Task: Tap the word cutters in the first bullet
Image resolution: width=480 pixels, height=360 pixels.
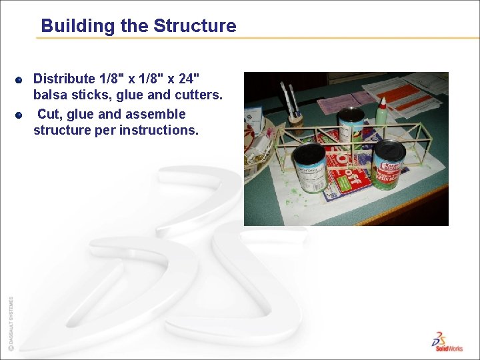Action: pyautogui.click(x=198, y=95)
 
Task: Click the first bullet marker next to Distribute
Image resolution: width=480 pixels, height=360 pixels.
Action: pyautogui.click(x=20, y=80)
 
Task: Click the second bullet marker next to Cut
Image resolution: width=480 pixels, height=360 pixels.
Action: pyautogui.click(x=20, y=115)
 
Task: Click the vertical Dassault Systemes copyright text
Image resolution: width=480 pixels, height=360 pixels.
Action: pyautogui.click(x=10, y=323)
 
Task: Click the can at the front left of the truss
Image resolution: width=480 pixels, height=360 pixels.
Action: pyautogui.click(x=310, y=167)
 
